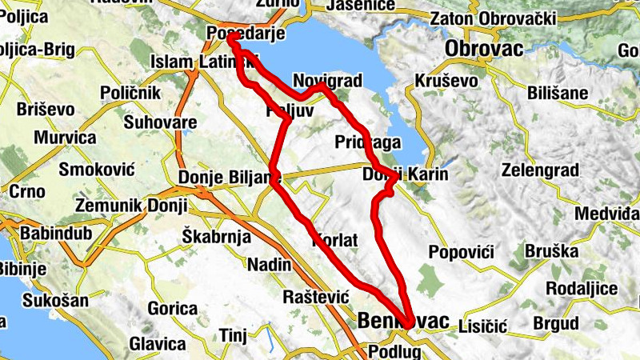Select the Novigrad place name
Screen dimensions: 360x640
328,81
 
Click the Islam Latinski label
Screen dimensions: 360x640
204,62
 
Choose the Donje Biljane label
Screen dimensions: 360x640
229,177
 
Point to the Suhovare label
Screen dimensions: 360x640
161,122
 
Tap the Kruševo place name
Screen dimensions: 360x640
446,81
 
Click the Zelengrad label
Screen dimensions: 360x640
538,170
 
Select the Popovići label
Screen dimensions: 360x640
461,253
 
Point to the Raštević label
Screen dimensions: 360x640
318,296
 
